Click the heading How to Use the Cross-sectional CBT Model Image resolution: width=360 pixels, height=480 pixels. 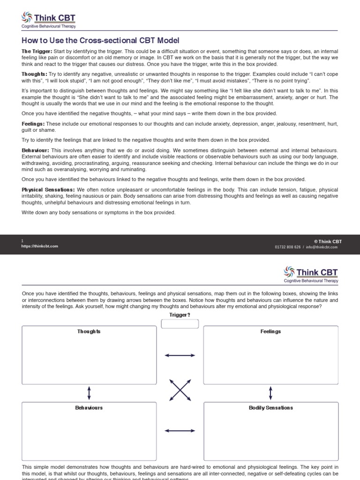(100, 41)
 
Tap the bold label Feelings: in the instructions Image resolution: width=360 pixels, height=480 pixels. (33, 124)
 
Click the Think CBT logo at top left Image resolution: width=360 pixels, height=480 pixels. (49, 21)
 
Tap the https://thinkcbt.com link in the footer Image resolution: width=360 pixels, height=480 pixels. (40, 246)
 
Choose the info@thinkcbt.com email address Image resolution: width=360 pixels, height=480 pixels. (322, 247)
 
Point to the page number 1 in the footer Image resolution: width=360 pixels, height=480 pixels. (22, 241)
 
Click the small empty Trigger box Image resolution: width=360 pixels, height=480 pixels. (180, 324)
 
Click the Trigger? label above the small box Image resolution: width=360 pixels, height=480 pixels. (180, 315)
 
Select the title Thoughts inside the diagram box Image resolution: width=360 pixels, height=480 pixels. (89, 331)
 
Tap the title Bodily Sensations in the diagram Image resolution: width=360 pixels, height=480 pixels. (270, 408)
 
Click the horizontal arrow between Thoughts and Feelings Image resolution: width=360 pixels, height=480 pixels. (180, 356)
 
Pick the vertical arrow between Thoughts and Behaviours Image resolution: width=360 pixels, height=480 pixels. (89, 392)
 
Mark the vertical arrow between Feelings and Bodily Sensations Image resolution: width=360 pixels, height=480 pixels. (270, 392)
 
